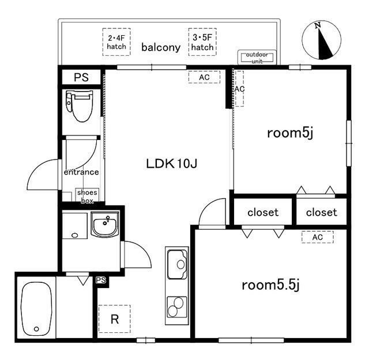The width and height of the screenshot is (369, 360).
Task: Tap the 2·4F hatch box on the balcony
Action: [x=117, y=42]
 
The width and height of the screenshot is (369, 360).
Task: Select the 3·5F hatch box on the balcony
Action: [x=202, y=42]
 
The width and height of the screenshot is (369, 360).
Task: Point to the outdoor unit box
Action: [x=258, y=58]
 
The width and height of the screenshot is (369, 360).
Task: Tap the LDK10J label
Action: [x=171, y=164]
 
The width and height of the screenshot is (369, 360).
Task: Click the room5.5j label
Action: [x=270, y=285]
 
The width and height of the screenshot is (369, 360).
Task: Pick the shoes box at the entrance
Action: [x=87, y=196]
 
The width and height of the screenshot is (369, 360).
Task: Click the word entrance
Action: [x=81, y=172]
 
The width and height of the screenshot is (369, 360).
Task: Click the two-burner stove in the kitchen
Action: [x=177, y=305]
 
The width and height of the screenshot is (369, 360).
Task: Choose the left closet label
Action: [x=263, y=213]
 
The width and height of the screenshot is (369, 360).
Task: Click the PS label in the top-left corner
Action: [x=81, y=78]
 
